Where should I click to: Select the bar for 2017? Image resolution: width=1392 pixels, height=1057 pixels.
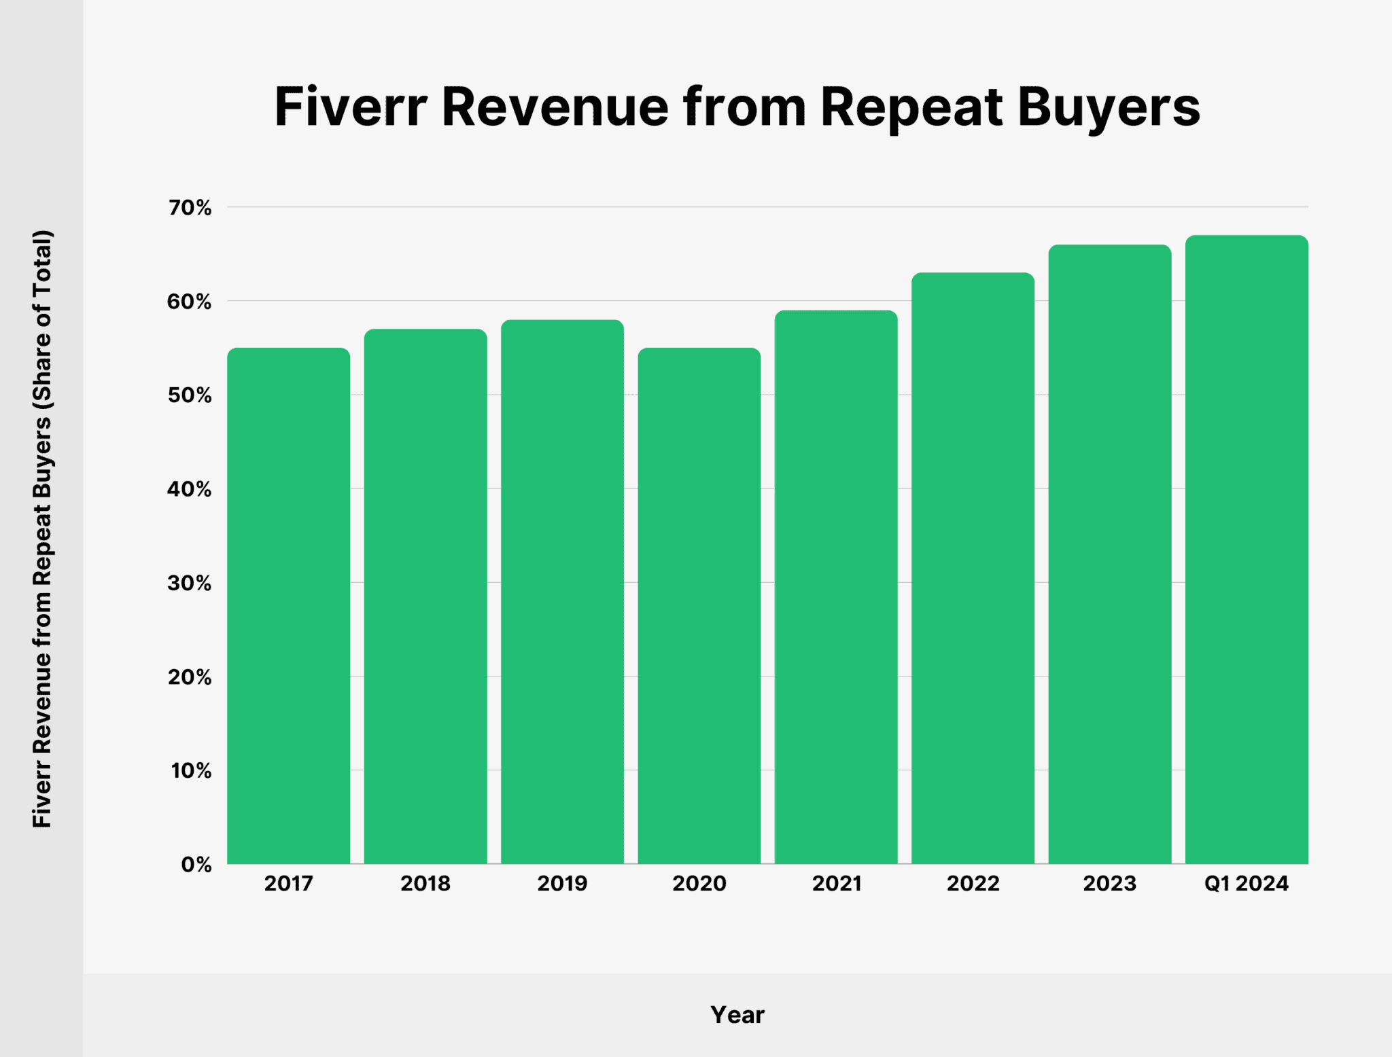[x=288, y=605]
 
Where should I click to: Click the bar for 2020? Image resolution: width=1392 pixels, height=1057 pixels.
[x=699, y=605]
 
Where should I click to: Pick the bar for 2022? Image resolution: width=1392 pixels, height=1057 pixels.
[x=973, y=568]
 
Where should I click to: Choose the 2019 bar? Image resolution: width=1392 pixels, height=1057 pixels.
[x=562, y=591]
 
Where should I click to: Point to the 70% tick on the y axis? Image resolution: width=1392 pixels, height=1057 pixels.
[x=190, y=208]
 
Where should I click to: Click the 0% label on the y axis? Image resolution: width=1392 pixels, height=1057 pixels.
[x=196, y=865]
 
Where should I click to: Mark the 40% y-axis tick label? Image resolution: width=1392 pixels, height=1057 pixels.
[x=190, y=489]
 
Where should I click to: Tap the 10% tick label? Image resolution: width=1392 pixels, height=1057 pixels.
[x=191, y=771]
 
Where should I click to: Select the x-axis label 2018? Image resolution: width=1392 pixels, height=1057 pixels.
[x=425, y=884]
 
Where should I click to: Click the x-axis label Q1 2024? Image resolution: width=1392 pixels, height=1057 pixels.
[x=1246, y=884]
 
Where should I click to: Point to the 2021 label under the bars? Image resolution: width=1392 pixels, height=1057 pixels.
[x=836, y=884]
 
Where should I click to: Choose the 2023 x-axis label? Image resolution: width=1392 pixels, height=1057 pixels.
[x=1109, y=884]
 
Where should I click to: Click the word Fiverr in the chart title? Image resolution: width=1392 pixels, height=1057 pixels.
[x=350, y=107]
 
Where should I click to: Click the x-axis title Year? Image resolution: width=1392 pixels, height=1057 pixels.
[x=737, y=1015]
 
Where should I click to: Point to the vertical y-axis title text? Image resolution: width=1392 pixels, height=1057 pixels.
[x=42, y=528]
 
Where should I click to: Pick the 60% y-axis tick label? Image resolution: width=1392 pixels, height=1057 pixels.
[x=190, y=302]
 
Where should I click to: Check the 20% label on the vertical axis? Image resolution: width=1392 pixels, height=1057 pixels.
[x=190, y=677]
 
